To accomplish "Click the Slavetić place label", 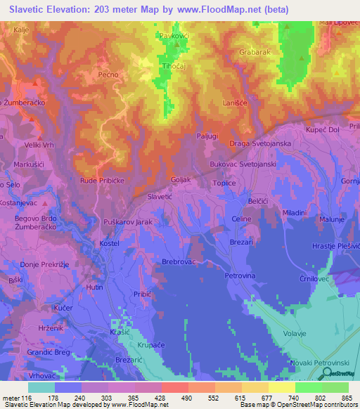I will tap(159, 198).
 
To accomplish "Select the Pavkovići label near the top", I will tap(174, 34).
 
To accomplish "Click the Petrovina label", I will tap(238, 276).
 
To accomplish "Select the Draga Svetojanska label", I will tap(261, 144).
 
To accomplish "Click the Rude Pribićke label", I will tap(103, 179).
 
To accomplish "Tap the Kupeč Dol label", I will tap(323, 130).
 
